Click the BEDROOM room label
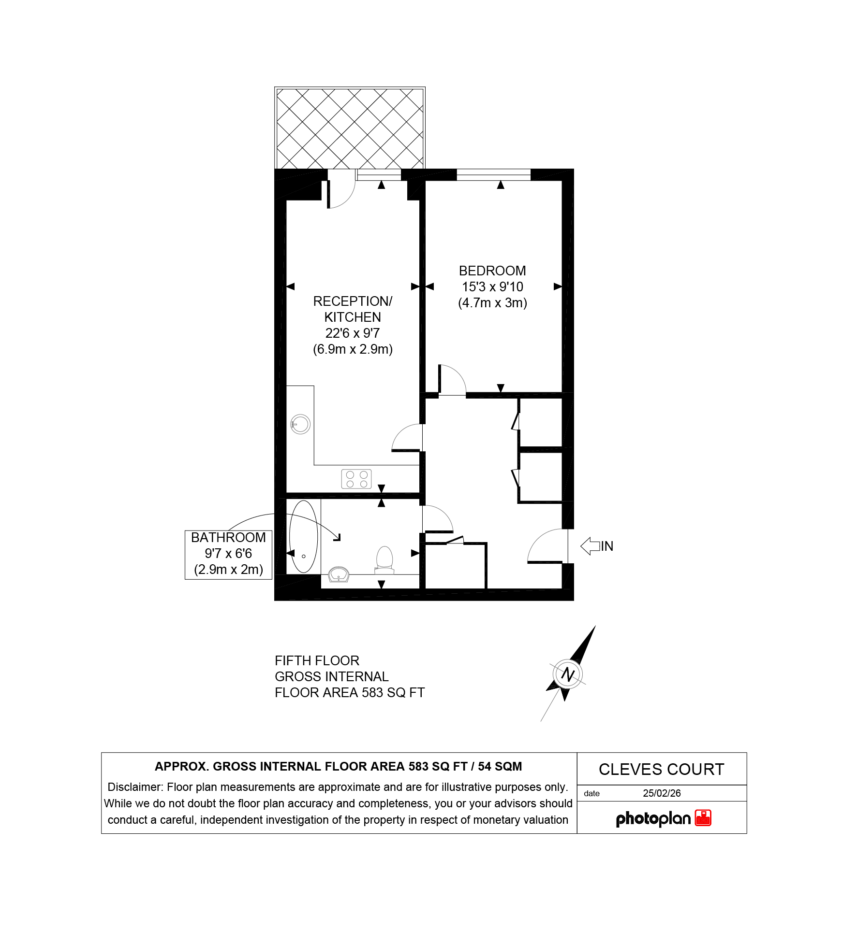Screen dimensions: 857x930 [492, 271]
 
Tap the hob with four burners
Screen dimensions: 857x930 [356, 479]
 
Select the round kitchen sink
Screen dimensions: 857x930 [300, 424]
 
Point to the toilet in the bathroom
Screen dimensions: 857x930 [385, 560]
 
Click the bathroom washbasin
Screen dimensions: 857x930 [339, 575]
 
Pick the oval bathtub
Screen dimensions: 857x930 [304, 537]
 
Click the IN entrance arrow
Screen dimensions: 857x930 [590, 546]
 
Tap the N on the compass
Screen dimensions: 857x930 [568, 674]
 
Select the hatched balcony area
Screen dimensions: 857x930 [350, 128]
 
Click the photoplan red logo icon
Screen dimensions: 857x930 [703, 818]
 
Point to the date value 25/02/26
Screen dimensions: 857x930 [662, 793]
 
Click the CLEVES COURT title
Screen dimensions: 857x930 [662, 769]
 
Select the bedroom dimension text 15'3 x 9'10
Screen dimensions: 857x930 [492, 286]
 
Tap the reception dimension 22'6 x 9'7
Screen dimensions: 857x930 [353, 333]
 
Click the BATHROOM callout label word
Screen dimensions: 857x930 [228, 537]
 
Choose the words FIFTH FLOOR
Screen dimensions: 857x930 [317, 660]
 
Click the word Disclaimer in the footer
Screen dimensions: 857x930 [135, 787]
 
